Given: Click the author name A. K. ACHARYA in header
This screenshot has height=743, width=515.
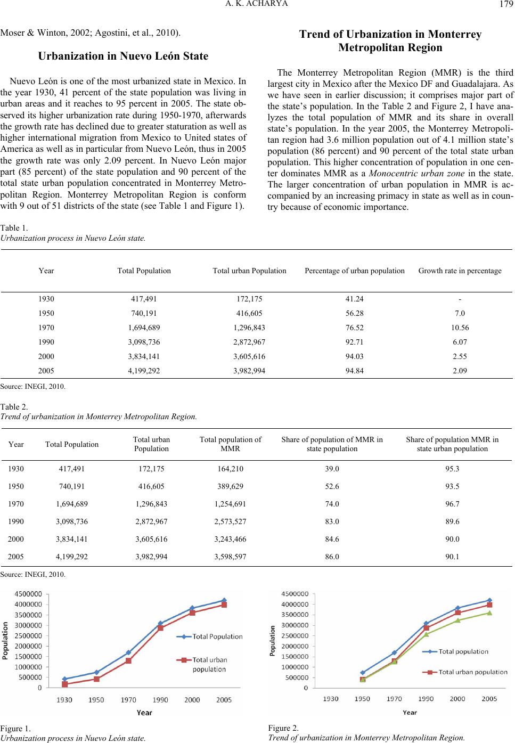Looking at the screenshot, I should coord(257,5).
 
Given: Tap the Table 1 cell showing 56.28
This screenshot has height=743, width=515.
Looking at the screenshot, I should coord(355,313).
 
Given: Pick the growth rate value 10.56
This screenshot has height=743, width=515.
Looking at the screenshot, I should coord(460,328).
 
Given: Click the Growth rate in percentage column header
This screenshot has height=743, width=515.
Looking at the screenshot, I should coord(460,271).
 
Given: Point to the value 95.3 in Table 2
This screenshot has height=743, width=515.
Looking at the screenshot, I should coord(452,469).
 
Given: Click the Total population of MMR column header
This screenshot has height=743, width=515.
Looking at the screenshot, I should coord(230,444).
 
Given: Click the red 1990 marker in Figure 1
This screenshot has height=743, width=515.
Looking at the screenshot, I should coord(160,628).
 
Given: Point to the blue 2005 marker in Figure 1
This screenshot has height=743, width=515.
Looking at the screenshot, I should coord(224,600).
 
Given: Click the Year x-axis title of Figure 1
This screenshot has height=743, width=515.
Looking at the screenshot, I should coord(144,712).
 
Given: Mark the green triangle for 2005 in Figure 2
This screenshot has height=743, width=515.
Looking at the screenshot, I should coord(489,613).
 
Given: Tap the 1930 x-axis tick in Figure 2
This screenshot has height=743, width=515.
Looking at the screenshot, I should coord(331,699).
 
